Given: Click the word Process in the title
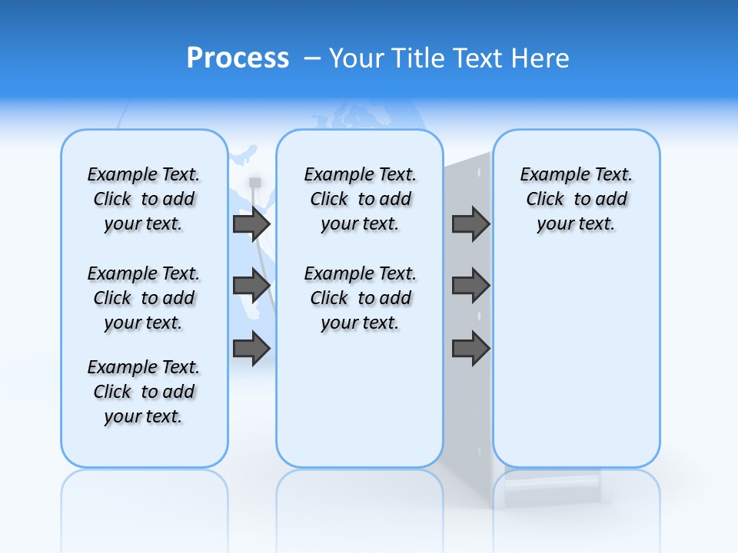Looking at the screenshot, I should pos(238,58).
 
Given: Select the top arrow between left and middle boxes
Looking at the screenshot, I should pos(251,224).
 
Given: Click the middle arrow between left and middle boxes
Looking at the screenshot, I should pos(251,286).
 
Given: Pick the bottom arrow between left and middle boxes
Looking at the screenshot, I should pos(251,349).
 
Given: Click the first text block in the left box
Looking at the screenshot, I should pos(144,199).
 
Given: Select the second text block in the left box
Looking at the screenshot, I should pos(144,298).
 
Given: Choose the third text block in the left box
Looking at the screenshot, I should pos(144,392).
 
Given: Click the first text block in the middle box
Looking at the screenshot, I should pos(361,199).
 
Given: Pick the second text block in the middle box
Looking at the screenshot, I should pos(361,298).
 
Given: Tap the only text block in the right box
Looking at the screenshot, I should pos(577,199).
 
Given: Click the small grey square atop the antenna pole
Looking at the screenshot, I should pos(255,182).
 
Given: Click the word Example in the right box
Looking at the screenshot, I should pos(550,175).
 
